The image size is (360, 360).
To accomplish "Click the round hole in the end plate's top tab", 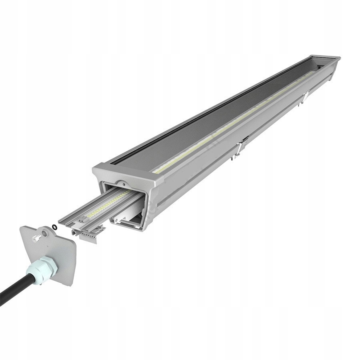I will point(45,233).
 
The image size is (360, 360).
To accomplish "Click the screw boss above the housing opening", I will point(125,183).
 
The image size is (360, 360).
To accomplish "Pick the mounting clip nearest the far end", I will point(305,97).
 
